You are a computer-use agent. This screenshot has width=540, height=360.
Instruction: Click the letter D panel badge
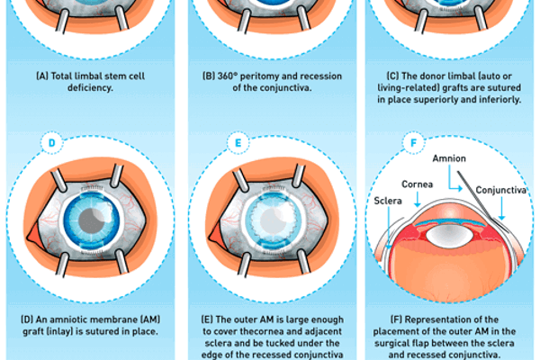coord(52,143)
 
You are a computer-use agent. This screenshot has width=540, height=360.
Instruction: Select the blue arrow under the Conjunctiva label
coord(504,206)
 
